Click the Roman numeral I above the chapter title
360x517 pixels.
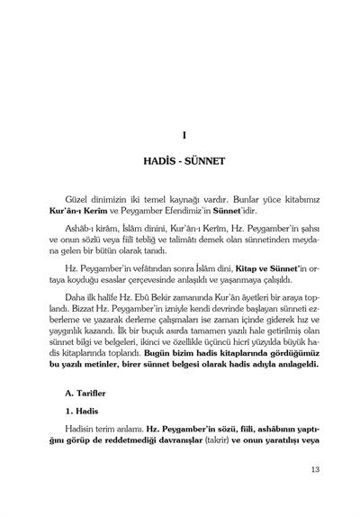point(183,137)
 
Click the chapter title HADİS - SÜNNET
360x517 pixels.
point(183,168)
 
